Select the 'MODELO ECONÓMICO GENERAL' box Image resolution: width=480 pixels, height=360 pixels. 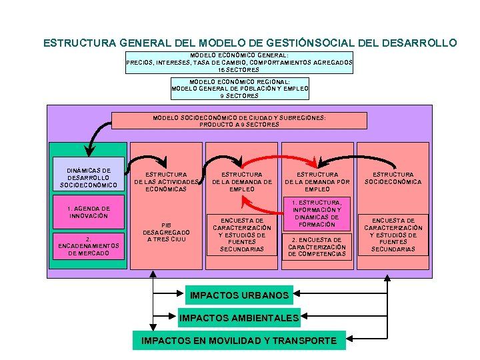pyautogui.click(x=239, y=62)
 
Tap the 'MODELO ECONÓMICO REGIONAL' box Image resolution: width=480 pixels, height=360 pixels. pyautogui.click(x=240, y=88)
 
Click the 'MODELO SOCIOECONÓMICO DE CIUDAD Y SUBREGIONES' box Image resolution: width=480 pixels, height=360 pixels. pyautogui.click(x=239, y=121)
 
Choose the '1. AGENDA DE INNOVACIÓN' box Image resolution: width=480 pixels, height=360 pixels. pyautogui.click(x=89, y=212)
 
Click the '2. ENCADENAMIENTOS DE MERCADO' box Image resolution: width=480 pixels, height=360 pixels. pyautogui.click(x=89, y=246)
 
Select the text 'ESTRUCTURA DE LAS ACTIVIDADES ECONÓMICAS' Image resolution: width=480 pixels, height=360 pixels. pyautogui.click(x=166, y=181)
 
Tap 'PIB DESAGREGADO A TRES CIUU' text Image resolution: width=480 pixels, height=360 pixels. pyautogui.click(x=166, y=232)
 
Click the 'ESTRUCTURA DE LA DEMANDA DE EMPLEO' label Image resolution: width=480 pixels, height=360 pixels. pyautogui.click(x=242, y=181)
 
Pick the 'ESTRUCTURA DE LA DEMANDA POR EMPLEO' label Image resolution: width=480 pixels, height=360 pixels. pyautogui.click(x=317, y=181)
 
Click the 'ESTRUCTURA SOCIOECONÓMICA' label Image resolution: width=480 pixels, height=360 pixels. pyautogui.click(x=393, y=178)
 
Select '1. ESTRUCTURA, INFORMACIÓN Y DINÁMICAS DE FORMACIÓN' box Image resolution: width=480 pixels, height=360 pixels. pyautogui.click(x=317, y=213)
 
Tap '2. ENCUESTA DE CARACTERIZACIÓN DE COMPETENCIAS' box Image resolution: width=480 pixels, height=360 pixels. pyautogui.click(x=317, y=247)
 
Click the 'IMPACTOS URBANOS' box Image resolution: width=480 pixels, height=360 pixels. pyautogui.click(x=239, y=295)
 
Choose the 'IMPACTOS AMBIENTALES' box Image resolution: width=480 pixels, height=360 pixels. pyautogui.click(x=239, y=318)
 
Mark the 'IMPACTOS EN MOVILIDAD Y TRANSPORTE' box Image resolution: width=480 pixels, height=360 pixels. pyautogui.click(x=239, y=341)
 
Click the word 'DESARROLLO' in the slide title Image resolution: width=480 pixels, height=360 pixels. pyautogui.click(x=420, y=43)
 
